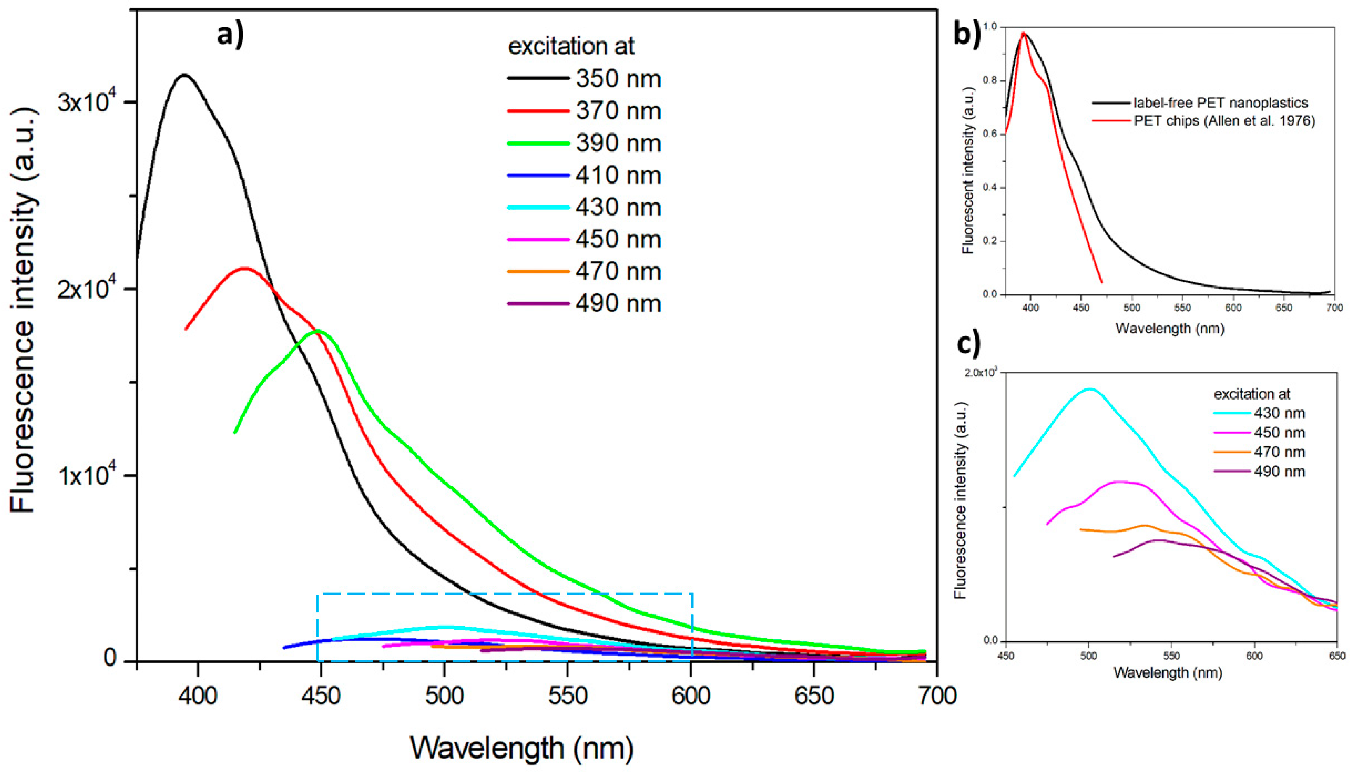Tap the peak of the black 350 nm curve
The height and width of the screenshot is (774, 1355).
pos(184,75)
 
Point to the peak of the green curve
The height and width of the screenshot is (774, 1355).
pos(318,331)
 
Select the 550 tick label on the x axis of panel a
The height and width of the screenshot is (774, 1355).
pos(567,695)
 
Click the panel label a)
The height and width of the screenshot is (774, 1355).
pos(231,35)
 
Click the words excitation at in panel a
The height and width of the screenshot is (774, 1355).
pos(571,46)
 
